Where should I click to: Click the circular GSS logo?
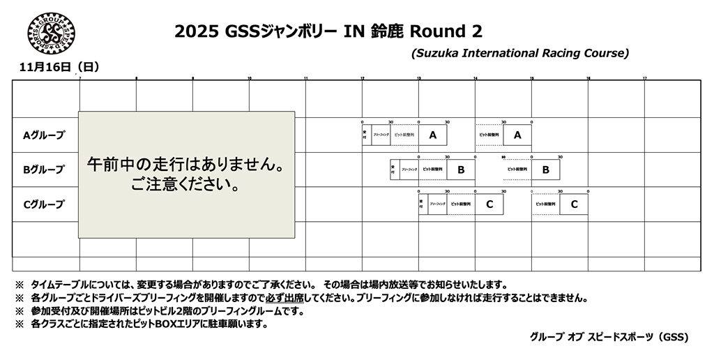(x=51, y=36)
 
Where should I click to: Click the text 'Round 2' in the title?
(x=446, y=31)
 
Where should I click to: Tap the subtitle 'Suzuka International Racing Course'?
(x=520, y=53)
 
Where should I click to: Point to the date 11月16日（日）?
(x=60, y=67)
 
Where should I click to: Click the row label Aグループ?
(x=44, y=135)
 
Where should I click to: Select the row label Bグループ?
(x=44, y=170)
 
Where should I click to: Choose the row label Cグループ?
(x=44, y=204)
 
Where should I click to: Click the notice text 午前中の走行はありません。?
(x=185, y=167)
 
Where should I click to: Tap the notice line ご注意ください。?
(x=185, y=186)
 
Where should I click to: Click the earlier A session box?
(x=433, y=135)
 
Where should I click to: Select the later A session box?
(x=517, y=135)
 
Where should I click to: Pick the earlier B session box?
(x=461, y=170)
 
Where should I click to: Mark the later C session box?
(x=574, y=204)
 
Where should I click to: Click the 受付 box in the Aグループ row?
(x=365, y=135)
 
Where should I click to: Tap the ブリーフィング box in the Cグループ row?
(x=437, y=204)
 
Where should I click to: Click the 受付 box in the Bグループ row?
(x=393, y=170)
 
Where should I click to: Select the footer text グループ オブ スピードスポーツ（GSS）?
(x=609, y=336)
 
